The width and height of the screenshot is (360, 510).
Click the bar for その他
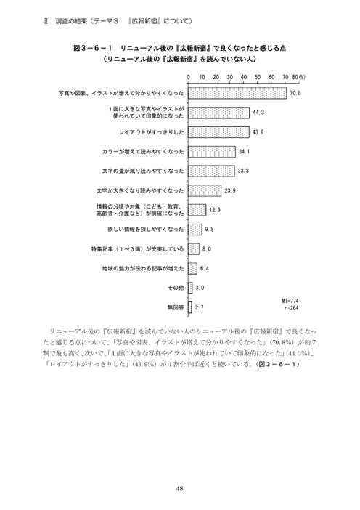coord(190,288)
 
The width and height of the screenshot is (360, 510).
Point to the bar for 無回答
coord(190,307)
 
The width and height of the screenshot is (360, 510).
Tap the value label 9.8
coord(210,230)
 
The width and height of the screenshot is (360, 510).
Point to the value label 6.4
coord(205,268)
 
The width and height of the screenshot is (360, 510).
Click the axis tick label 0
coord(188,76)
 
